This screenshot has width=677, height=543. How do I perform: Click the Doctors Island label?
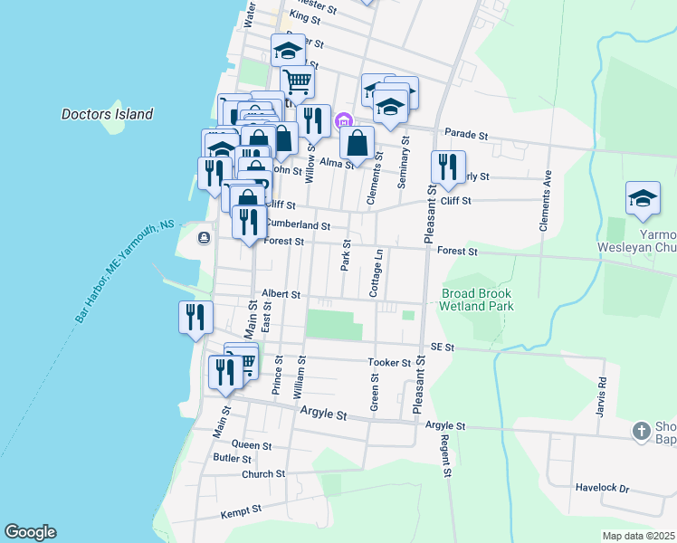(107, 115)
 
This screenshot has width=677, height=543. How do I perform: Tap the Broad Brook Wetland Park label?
(477, 300)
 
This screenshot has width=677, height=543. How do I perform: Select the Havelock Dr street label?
(602, 488)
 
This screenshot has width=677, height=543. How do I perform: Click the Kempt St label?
(241, 511)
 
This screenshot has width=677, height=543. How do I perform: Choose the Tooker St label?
(389, 363)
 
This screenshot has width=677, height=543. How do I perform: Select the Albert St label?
(280, 294)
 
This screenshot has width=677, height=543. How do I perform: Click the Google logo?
(30, 532)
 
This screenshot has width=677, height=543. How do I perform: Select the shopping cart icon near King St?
(298, 81)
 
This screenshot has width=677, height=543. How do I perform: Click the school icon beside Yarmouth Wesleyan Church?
(643, 198)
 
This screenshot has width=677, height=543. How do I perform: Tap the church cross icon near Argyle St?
(642, 431)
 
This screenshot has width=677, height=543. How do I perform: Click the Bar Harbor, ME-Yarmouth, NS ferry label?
(125, 272)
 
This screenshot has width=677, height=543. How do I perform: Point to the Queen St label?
(252, 445)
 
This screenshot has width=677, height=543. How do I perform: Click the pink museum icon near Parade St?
(343, 121)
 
